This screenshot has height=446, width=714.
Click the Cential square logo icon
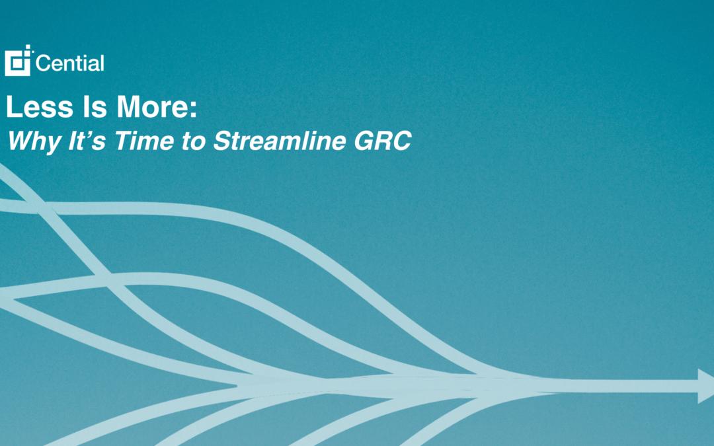pyautogui.click(x=19, y=61)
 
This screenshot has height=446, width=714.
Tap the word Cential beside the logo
pyautogui.click(x=70, y=64)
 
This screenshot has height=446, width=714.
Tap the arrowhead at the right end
pyautogui.click(x=705, y=386)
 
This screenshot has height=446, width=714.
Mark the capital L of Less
pyautogui.click(x=13, y=108)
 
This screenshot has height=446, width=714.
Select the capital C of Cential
pyautogui.click(x=44, y=64)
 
